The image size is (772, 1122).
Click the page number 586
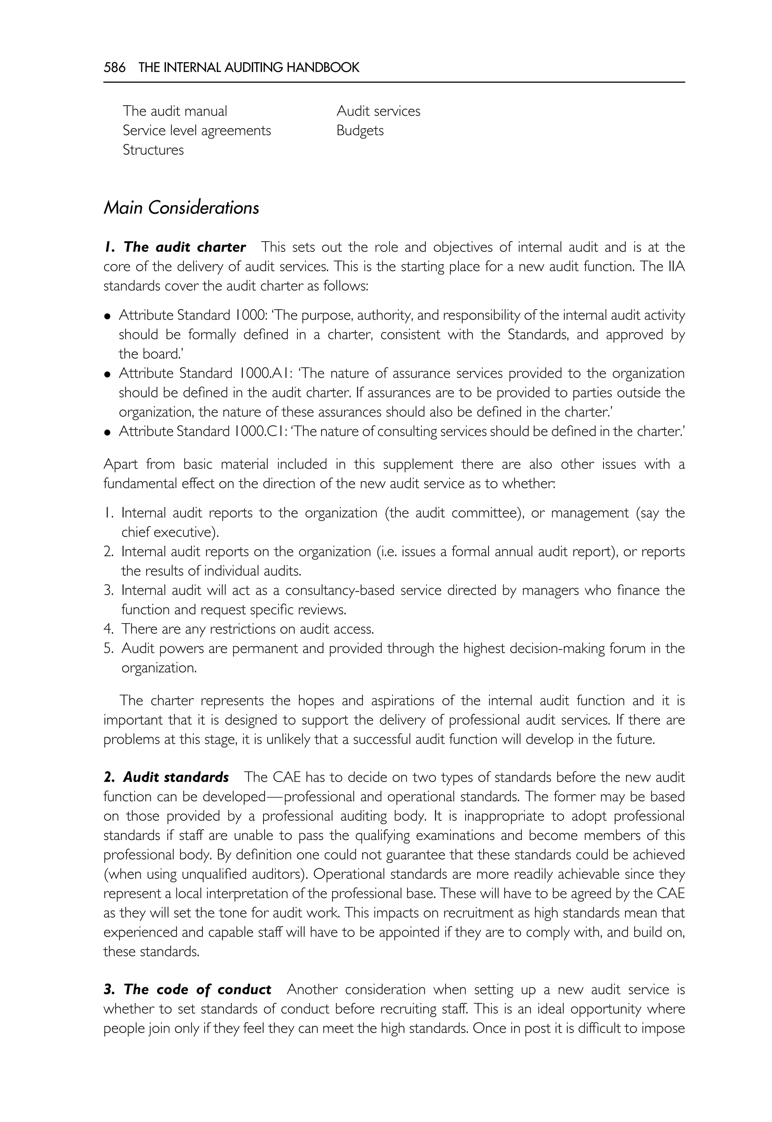[114, 67]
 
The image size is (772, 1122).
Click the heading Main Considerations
[181, 208]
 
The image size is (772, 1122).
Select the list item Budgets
[360, 130]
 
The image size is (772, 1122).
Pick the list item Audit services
[378, 111]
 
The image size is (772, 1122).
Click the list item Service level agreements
[197, 130]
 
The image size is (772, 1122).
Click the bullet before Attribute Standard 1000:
[107, 316]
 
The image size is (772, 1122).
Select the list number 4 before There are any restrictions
[108, 629]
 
